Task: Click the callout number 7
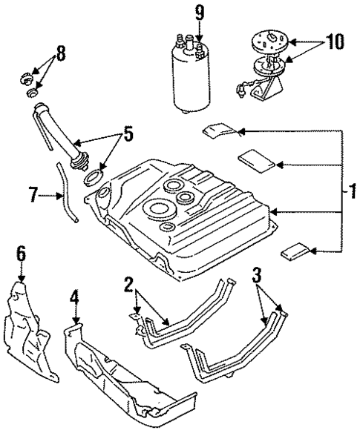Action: (32, 196)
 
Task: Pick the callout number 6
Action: (22, 254)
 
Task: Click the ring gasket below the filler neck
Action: (94, 178)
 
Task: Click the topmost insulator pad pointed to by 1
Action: (220, 131)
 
